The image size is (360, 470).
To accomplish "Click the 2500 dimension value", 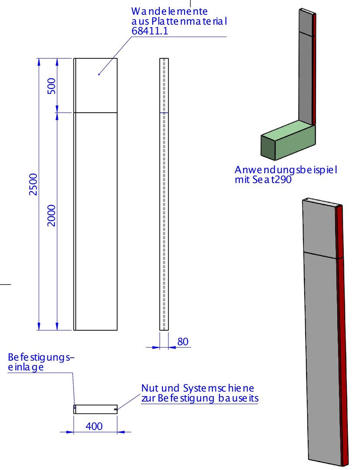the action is click(x=33, y=185).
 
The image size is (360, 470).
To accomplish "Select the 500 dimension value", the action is click(x=52, y=86).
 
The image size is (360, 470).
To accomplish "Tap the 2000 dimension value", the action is click(x=52, y=215).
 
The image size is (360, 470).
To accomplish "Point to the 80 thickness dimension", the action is click(x=182, y=342).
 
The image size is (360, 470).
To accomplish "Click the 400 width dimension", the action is click(x=94, y=426).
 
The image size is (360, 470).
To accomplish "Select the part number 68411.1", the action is click(x=150, y=31).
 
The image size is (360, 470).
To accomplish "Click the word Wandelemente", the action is click(x=169, y=11).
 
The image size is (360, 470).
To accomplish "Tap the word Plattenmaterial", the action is click(x=189, y=21).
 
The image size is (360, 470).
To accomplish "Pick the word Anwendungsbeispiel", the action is click(x=286, y=170).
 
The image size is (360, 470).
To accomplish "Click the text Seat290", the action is click(x=272, y=180).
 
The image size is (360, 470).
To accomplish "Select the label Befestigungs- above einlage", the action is click(x=41, y=358).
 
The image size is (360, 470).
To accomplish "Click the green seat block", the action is click(x=288, y=140).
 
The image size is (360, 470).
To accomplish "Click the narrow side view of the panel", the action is click(x=164, y=194).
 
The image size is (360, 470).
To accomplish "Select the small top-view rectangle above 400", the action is click(x=95, y=409).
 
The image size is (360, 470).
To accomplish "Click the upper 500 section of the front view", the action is click(x=95, y=85).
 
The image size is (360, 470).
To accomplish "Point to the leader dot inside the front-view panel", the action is click(x=99, y=74).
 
